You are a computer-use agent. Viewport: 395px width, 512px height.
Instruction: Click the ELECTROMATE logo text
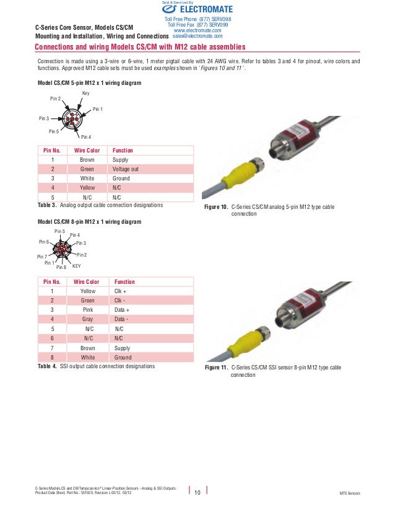pos(206,9)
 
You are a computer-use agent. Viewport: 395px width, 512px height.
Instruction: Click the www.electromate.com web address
pos(197,30)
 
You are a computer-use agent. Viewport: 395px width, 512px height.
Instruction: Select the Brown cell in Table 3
pos(87,159)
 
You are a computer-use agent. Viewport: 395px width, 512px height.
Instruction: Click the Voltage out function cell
pos(126,169)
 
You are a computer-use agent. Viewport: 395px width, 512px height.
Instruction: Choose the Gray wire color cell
pos(87,319)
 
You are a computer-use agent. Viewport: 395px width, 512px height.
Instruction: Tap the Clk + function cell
pos(121,291)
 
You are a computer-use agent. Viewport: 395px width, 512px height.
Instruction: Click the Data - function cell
pos(122,319)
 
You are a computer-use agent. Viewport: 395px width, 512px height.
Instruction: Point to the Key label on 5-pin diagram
pos(85,93)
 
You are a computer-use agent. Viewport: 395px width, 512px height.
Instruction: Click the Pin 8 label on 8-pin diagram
pos(61,267)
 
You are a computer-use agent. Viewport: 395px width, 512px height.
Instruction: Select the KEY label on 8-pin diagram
pos(77,266)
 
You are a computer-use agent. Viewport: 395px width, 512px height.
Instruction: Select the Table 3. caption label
pos(47,205)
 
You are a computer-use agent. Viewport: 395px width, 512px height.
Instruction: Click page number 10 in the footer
pos(197,493)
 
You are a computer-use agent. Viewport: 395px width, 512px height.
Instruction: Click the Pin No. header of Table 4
pos(51,281)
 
